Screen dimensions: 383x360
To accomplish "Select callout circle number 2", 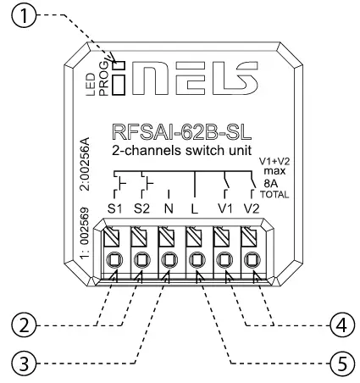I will tap(29, 325).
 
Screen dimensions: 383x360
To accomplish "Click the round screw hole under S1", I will tap(115, 259).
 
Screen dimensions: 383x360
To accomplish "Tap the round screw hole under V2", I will tap(249, 259).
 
